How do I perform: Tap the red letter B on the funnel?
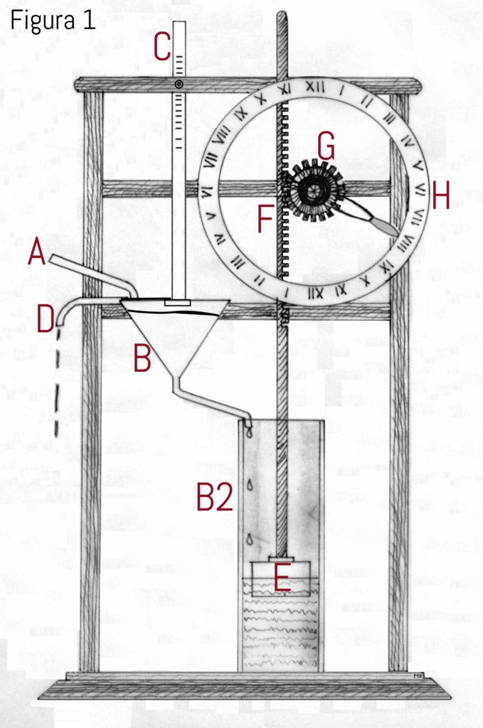(142, 358)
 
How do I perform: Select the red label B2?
(214, 498)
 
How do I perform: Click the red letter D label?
(46, 319)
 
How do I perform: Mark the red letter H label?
(440, 197)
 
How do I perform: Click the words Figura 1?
(53, 21)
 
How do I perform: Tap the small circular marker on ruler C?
(179, 85)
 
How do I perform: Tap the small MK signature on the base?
(417, 675)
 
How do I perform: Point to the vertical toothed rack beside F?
(283, 213)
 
